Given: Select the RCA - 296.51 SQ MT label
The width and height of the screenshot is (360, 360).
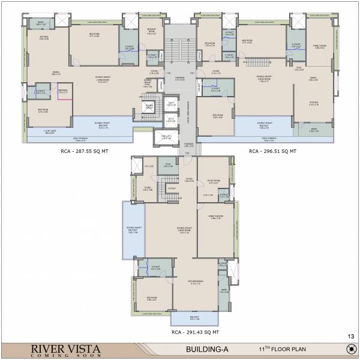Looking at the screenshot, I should [273, 152].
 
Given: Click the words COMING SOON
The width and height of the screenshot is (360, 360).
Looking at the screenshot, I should [59, 355].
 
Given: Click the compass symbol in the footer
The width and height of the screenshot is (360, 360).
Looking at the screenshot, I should [348, 349].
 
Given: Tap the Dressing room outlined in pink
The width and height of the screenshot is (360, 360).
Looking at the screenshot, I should [62, 92].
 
